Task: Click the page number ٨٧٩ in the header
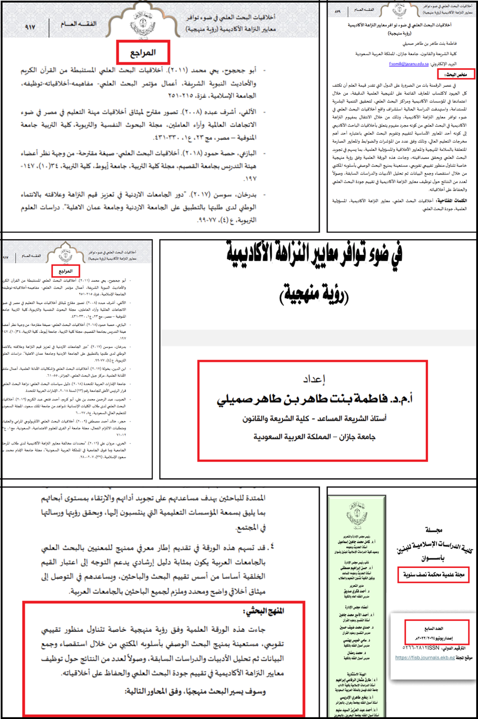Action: [x=338, y=10]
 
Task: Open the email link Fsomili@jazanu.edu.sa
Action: [x=409, y=64]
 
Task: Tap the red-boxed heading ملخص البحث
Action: [x=456, y=74]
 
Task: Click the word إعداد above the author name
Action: [x=314, y=379]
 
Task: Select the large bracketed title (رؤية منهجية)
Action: [x=314, y=293]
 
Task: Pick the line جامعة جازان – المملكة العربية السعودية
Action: [x=314, y=437]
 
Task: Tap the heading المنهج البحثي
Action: [x=264, y=611]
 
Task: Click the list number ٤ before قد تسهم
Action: [x=272, y=546]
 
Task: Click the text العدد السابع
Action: [x=433, y=628]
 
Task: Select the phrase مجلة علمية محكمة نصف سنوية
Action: [x=433, y=574]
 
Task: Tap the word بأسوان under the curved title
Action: [x=433, y=558]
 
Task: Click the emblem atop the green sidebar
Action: [x=357, y=516]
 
